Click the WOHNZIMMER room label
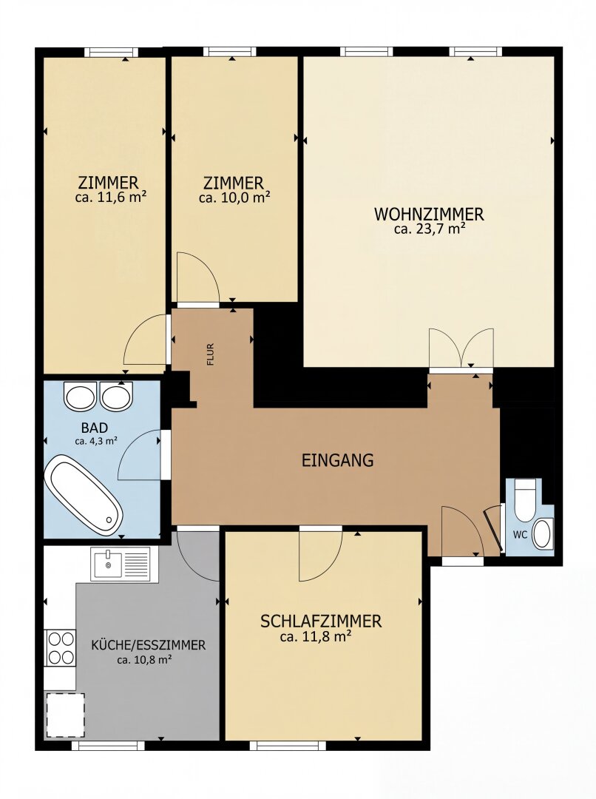(x=429, y=214)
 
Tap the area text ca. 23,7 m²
(x=430, y=229)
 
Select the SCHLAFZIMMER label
(x=321, y=621)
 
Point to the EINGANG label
(x=338, y=460)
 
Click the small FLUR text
(x=211, y=355)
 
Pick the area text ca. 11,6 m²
(x=111, y=197)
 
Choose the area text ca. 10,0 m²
(x=234, y=198)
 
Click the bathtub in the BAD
(x=84, y=495)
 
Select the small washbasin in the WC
(x=542, y=534)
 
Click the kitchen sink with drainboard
(x=121, y=564)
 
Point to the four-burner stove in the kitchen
(x=61, y=647)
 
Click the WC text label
(x=520, y=535)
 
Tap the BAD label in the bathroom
(x=94, y=427)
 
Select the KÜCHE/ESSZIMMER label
(x=148, y=645)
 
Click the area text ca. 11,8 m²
(x=316, y=636)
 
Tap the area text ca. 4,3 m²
(x=96, y=441)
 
